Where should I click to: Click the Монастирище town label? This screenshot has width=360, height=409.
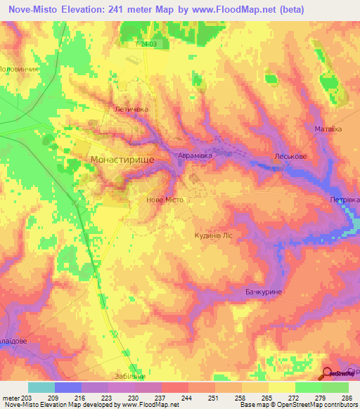(x=122, y=160)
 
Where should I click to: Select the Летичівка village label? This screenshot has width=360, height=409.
(x=131, y=110)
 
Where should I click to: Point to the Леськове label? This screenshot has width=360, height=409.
(x=288, y=158)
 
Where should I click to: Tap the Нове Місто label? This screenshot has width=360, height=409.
(x=164, y=200)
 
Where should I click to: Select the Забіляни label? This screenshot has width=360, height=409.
(x=131, y=375)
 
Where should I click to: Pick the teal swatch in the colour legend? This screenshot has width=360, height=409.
(x=41, y=387)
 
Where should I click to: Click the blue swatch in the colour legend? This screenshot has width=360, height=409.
(x=67, y=387)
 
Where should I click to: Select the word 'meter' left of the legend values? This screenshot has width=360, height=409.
(x=10, y=398)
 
